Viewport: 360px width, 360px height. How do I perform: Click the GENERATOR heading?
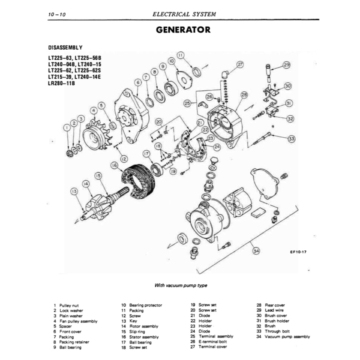183,30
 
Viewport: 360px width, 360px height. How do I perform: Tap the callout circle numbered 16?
114,165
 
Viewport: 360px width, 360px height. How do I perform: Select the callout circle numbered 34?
256,251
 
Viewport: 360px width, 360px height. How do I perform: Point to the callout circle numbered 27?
240,65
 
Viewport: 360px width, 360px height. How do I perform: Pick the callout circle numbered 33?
292,139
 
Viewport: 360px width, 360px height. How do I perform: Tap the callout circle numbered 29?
287,65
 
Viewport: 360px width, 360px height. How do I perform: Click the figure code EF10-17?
298,251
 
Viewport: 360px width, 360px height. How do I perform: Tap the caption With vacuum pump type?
181,285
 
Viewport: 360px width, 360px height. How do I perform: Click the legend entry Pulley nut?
69,306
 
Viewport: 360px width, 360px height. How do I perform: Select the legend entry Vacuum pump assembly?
287,337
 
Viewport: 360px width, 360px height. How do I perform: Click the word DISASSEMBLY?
65,47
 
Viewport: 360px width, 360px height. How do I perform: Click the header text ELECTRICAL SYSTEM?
184,15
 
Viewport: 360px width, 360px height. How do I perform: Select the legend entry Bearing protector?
145,305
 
